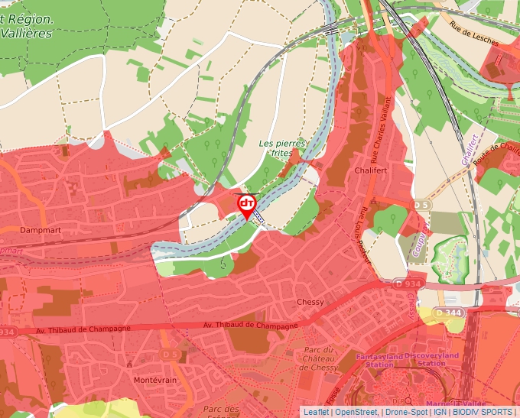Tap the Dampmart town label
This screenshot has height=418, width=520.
21,229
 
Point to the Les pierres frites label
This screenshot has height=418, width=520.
282,147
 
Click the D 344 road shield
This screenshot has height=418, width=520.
449,313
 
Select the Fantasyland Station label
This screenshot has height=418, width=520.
379,359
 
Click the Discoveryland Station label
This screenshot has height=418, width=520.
431,359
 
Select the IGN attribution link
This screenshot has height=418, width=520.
440,412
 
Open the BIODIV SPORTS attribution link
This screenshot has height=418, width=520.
483,412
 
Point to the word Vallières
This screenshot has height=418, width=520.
27,34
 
